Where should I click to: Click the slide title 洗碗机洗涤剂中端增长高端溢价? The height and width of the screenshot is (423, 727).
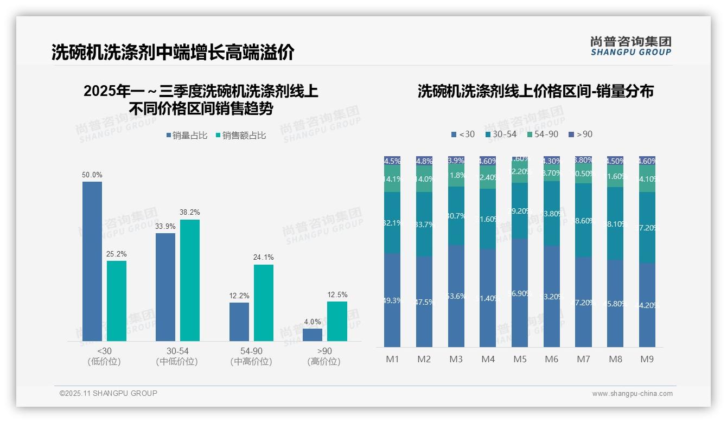[173, 52]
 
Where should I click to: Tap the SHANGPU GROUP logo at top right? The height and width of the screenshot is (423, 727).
[630, 46]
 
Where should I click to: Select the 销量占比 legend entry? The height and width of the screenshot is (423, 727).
[187, 136]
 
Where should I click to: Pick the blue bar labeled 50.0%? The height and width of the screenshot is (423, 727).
[92, 261]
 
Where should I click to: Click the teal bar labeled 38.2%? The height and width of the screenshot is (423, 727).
[190, 280]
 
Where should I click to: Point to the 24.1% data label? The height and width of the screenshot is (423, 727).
[263, 257]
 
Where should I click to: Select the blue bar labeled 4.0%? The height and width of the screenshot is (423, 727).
[313, 335]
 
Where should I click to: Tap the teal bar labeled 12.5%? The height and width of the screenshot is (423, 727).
[337, 321]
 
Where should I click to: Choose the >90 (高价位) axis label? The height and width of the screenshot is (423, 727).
[324, 356]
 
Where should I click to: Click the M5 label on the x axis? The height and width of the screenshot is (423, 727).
[520, 359]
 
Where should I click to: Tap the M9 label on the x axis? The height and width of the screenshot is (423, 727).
[647, 359]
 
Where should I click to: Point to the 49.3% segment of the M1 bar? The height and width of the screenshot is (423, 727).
[392, 300]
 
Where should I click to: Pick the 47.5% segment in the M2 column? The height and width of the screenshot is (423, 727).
[424, 302]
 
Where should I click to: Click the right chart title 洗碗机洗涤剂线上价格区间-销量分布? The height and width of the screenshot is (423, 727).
[535, 91]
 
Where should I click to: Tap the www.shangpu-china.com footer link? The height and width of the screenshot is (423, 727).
[632, 394]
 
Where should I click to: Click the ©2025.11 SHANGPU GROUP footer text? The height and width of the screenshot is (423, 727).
[109, 393]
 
